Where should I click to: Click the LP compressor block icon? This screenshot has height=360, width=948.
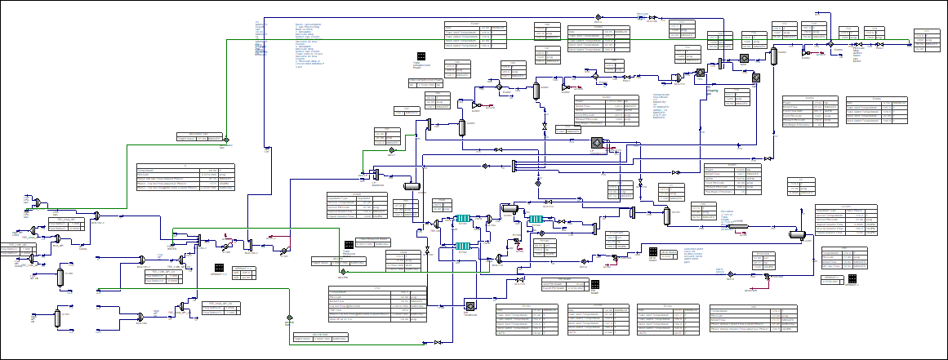[596, 143]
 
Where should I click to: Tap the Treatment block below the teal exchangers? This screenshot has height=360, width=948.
[470, 305]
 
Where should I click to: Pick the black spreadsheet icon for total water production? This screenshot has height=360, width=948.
[653, 252]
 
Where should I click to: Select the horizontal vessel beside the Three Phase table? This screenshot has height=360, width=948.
[798, 234]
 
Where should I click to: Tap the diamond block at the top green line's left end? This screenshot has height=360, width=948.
[226, 140]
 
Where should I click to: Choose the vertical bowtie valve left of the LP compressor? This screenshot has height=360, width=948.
[545, 130]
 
